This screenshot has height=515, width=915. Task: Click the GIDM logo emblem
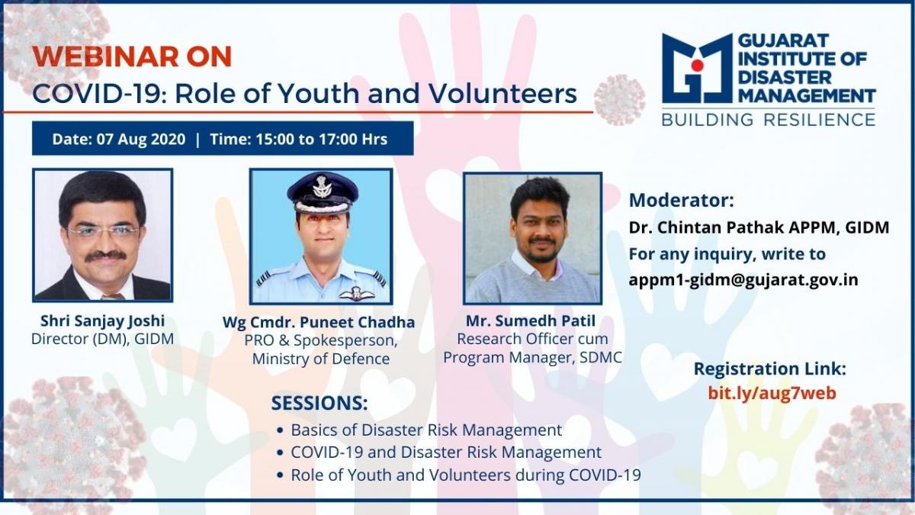click(697, 68)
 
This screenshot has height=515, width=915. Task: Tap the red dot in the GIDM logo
click(697, 65)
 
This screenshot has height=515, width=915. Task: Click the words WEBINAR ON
click(132, 56)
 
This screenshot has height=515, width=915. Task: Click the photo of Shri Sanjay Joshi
click(102, 235)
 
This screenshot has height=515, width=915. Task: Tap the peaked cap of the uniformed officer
click(323, 192)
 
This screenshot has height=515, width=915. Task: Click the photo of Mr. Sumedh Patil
click(533, 238)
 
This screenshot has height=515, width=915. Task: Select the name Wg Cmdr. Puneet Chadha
click(319, 323)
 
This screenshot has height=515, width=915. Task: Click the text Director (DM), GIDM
click(102, 340)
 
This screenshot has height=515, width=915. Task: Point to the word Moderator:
click(682, 200)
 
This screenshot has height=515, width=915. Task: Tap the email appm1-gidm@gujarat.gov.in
click(743, 280)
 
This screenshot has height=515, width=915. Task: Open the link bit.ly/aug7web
click(772, 393)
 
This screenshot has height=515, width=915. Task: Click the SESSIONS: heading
click(319, 403)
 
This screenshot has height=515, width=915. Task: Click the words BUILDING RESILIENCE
click(768, 121)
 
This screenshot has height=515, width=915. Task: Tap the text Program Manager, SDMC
click(533, 358)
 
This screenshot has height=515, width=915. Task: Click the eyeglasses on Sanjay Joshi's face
click(102, 232)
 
